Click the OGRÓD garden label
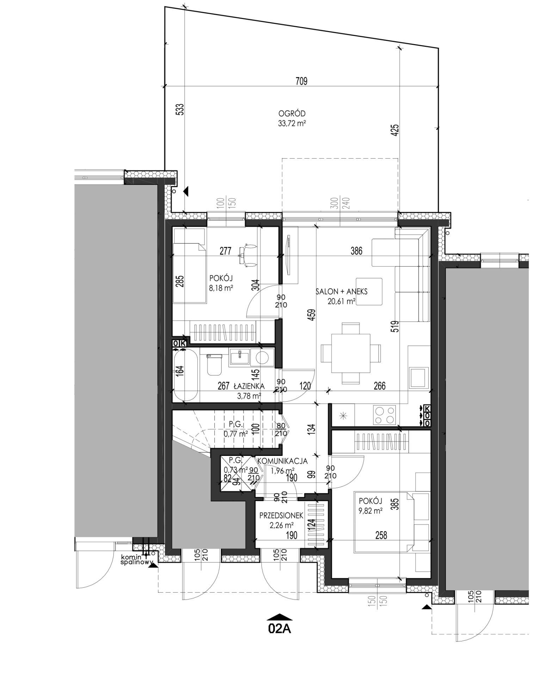(291, 114)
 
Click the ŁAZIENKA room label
(249, 387)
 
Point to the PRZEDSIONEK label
(281, 516)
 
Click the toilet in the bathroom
(214, 365)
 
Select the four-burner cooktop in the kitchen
(384, 415)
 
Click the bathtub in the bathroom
(185, 375)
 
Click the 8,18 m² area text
(221, 288)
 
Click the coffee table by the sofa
(369, 292)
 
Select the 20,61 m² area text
(341, 301)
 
